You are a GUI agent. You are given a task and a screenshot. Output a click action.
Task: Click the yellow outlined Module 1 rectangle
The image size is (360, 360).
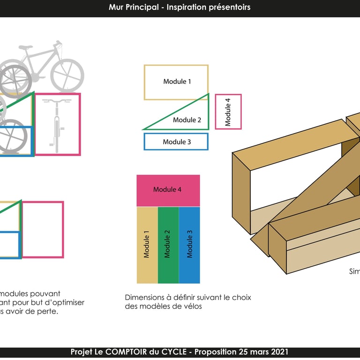176,82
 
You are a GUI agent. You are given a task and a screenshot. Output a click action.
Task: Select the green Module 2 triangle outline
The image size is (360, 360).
187,119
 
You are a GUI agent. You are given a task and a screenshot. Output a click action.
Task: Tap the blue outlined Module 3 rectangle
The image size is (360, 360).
176,142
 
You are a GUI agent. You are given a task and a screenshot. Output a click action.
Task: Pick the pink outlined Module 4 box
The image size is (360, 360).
228,112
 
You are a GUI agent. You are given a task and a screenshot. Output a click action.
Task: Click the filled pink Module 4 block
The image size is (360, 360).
168,190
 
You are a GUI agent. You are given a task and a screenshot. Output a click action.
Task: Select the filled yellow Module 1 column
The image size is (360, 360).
147,245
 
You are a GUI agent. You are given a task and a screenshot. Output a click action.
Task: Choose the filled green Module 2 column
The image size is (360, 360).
168,245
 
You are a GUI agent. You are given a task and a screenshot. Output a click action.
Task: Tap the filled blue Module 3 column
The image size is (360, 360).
189,245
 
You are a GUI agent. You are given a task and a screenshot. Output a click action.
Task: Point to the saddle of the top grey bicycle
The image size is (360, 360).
26,47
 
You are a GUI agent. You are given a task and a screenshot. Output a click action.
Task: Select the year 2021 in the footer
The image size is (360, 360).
278,352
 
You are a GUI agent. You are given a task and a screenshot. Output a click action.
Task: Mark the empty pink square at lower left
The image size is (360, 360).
43,229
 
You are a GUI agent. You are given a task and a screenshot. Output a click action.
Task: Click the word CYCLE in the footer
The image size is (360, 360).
175,352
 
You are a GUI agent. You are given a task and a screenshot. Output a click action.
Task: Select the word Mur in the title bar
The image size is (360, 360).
116,7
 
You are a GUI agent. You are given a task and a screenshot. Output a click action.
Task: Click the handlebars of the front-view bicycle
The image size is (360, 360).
57,100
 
